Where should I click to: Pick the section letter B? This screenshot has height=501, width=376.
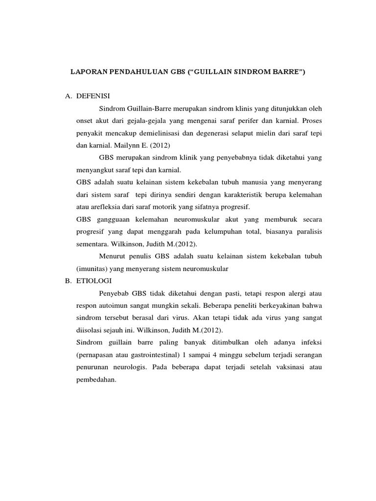click(x=68, y=281)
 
